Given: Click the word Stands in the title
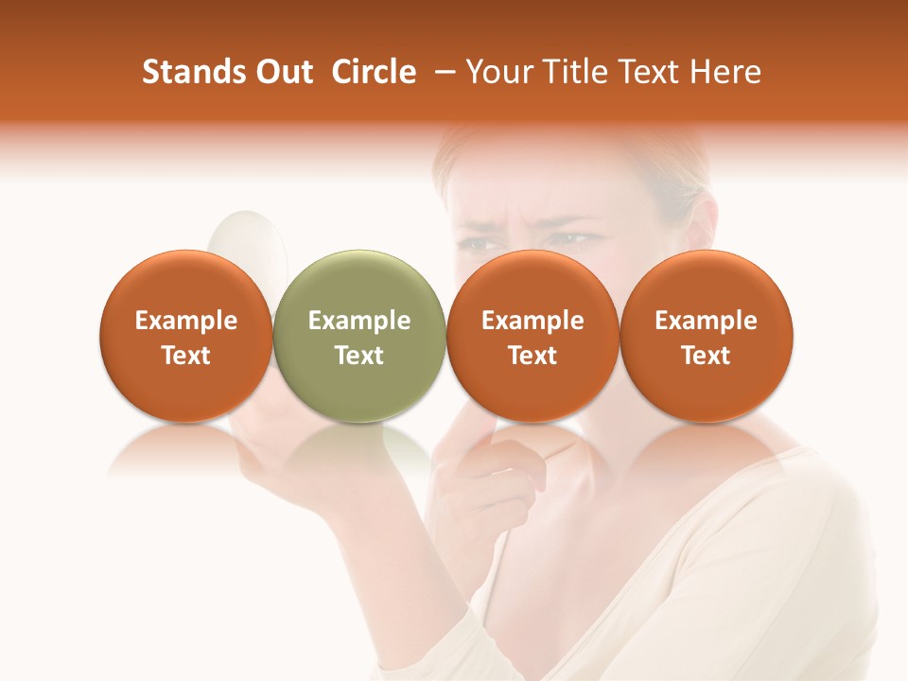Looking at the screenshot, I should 187,72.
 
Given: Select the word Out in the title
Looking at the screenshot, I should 282,72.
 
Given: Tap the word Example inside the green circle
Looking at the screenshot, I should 358,321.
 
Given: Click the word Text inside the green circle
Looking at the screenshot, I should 358,356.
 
